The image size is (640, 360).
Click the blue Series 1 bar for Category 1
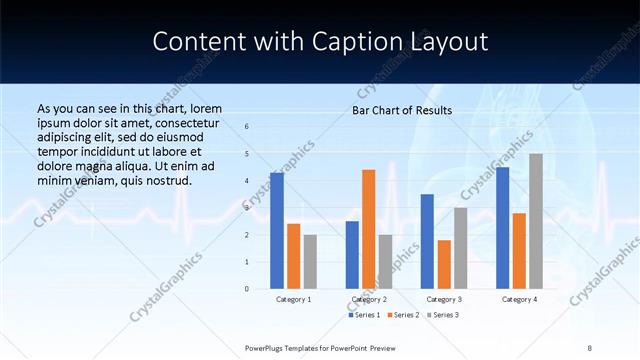277,231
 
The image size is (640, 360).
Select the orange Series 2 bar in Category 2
368,229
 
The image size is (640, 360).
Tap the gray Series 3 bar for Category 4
536,221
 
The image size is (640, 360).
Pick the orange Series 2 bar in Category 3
444,264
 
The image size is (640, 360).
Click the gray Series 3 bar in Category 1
310,262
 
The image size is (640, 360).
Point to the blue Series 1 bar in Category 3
427,241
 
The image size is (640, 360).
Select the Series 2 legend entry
404,315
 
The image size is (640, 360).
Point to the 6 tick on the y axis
247,127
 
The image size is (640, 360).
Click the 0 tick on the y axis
247,289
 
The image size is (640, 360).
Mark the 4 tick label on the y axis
247,181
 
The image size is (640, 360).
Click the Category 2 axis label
369,300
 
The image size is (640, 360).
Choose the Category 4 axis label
519,300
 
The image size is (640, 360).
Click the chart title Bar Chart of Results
402,110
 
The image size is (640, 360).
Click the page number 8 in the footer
590,347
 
